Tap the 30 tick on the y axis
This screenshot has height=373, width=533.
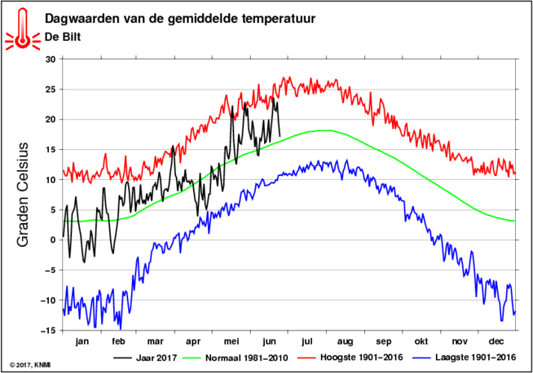click(50, 59)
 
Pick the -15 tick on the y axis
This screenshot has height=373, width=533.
click(48, 330)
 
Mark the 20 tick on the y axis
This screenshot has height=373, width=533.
click(50, 119)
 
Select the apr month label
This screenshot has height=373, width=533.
click(193, 341)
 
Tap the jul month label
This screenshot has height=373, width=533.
click(307, 341)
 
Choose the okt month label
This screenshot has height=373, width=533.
click(421, 341)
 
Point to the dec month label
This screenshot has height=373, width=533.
click(497, 341)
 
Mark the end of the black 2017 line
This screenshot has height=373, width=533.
click(280, 136)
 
